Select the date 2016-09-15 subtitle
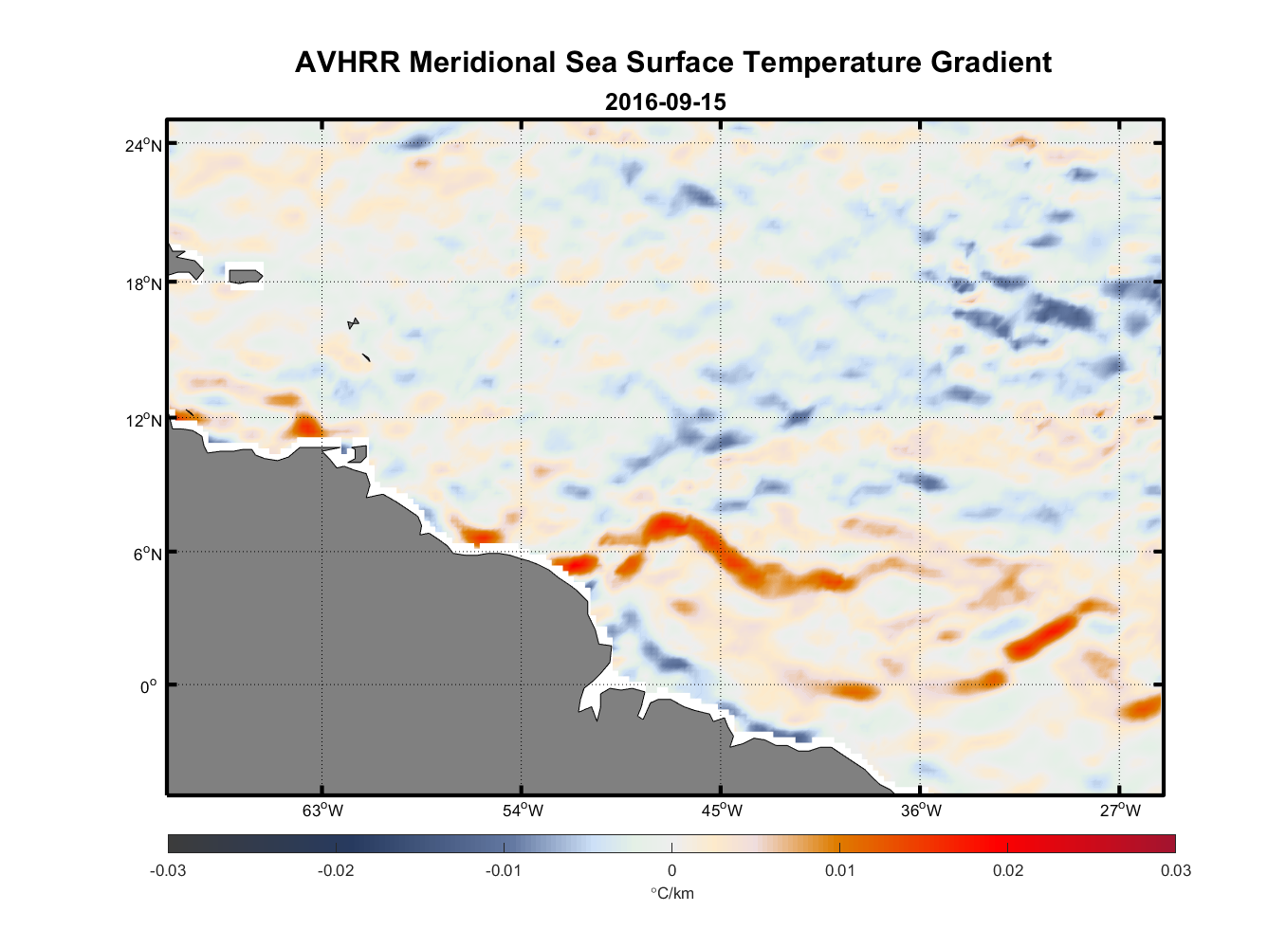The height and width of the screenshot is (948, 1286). point(665,101)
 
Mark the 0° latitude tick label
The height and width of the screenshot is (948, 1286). point(149,686)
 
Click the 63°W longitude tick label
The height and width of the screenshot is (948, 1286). point(322,811)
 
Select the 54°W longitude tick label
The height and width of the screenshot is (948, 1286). point(523,811)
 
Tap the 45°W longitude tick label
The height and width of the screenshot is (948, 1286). point(722,811)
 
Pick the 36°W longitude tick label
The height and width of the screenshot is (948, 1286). point(921,811)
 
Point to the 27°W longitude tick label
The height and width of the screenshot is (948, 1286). point(1120,811)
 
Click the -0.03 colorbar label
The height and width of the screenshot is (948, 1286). point(168,871)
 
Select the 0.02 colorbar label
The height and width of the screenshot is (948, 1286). point(1008,871)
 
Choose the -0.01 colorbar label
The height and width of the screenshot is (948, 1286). point(504,871)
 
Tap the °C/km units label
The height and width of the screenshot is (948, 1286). point(671,893)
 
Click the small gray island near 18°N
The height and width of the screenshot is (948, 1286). point(246,276)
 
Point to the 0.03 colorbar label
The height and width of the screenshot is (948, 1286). point(1175,871)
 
